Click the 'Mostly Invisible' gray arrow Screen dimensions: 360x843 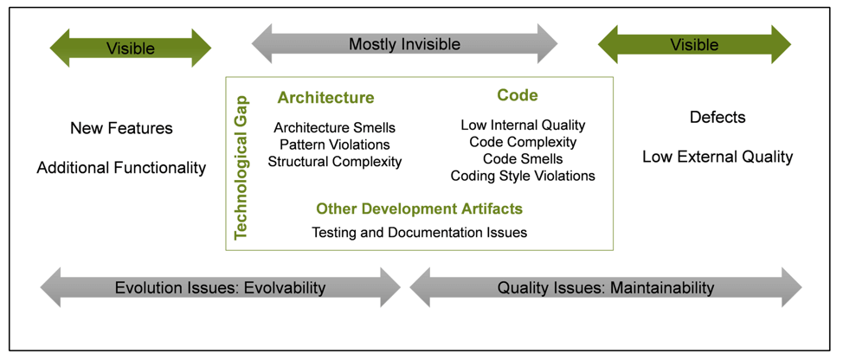pyautogui.click(x=404, y=44)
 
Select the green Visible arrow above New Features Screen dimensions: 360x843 pyautogui.click(x=130, y=48)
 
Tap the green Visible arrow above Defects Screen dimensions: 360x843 pyautogui.click(x=694, y=45)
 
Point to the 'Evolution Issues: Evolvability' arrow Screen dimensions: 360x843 pyautogui.click(x=220, y=287)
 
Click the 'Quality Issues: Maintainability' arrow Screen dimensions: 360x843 pyautogui.click(x=605, y=287)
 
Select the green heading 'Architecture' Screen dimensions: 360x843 pyautogui.click(x=325, y=98)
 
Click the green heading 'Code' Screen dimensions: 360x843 pyautogui.click(x=518, y=95)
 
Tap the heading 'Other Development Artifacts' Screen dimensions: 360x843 pyautogui.click(x=419, y=209)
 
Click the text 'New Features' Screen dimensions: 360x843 pyautogui.click(x=121, y=129)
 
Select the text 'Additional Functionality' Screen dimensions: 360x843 pyautogui.click(x=121, y=168)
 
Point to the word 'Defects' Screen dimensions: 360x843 pyautogui.click(x=718, y=118)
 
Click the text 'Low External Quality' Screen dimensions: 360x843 pyautogui.click(x=718, y=157)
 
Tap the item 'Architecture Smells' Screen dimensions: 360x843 pyautogui.click(x=334, y=128)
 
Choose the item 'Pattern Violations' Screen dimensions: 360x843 pyautogui.click(x=334, y=145)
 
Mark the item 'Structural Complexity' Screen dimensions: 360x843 pyautogui.click(x=334, y=161)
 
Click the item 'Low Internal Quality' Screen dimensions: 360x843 pyautogui.click(x=523, y=125)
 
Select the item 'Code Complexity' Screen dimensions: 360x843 pyautogui.click(x=523, y=142)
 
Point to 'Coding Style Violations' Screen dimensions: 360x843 pyautogui.click(x=523, y=176)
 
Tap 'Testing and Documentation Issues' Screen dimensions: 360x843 pyautogui.click(x=419, y=232)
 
